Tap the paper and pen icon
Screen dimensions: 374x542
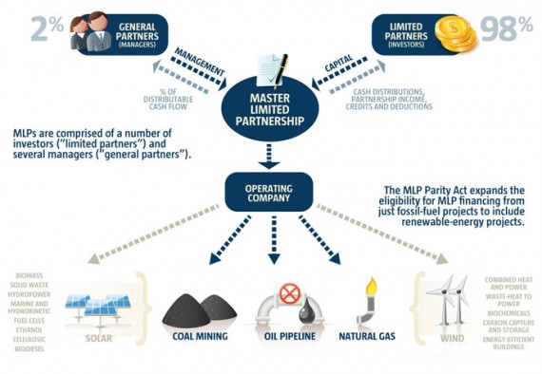coord(270,67)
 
